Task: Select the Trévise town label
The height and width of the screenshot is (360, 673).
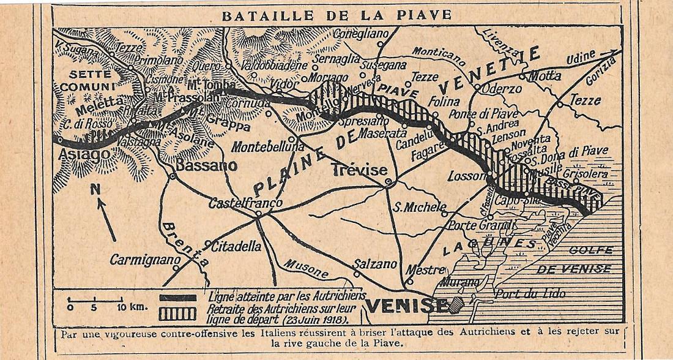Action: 359,170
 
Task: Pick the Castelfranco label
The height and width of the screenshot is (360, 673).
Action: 245,203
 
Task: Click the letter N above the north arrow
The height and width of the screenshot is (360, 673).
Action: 95,189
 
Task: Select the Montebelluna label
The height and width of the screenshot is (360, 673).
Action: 268,148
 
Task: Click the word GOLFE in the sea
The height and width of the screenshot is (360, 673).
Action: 590,250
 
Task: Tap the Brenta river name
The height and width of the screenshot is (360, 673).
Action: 184,246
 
